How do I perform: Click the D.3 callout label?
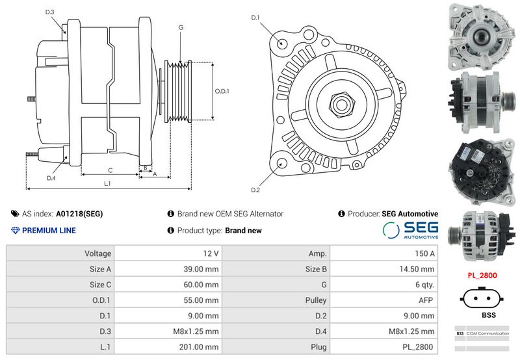(x=50, y=12)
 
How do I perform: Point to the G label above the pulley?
(x=181, y=27)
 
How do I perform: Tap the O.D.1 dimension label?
(x=222, y=91)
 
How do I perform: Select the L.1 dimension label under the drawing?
(x=107, y=183)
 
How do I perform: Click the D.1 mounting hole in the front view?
(x=282, y=43)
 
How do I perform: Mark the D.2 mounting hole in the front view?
(x=282, y=164)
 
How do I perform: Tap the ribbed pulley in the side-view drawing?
(x=178, y=91)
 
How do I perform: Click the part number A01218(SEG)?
(x=79, y=214)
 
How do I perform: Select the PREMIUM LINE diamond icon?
(x=15, y=231)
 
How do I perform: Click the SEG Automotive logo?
(x=411, y=230)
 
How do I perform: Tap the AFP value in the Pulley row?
(x=426, y=300)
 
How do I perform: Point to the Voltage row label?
(x=97, y=253)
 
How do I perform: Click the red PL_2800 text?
(x=482, y=276)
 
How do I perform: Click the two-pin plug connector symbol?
(x=482, y=298)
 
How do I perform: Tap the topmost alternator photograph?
(x=482, y=36)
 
